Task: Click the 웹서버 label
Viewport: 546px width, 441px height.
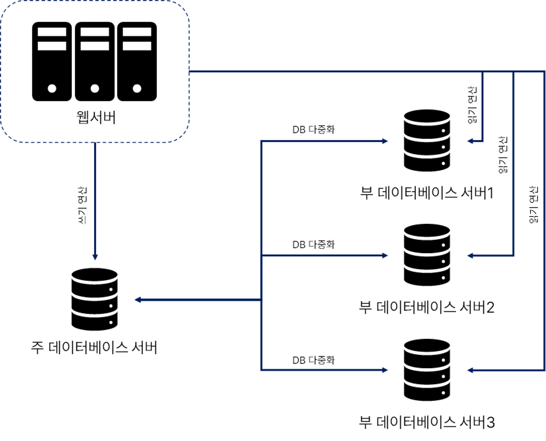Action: point(96,117)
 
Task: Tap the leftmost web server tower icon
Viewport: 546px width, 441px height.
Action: point(52,62)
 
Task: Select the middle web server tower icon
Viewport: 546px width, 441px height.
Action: point(95,62)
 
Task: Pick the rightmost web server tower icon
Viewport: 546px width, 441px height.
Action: point(137,62)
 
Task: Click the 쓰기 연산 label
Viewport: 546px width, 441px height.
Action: point(82,205)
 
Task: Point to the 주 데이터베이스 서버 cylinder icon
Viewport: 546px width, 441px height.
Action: point(95,299)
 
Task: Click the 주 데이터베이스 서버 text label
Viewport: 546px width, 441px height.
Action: point(94,347)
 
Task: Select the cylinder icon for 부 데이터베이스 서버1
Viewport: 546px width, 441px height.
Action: point(427,140)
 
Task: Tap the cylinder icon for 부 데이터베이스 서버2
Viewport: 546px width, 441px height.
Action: point(427,255)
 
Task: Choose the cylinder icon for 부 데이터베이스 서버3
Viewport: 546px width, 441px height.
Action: point(427,370)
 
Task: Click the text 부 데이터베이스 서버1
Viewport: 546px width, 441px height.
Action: point(427,193)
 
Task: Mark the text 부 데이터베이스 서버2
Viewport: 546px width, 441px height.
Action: point(427,307)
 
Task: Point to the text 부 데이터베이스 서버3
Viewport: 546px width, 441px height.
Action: point(427,422)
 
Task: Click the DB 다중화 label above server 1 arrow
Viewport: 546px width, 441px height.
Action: point(313,130)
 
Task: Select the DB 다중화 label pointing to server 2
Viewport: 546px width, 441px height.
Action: point(313,244)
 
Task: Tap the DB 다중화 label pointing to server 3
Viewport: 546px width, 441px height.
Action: point(313,360)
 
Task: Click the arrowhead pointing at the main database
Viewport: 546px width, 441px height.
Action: point(138,300)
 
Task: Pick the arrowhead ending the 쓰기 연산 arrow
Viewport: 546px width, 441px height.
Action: point(95,257)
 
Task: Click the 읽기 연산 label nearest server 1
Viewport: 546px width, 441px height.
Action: point(472,105)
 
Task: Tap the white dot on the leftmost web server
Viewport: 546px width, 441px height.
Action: point(52,89)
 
